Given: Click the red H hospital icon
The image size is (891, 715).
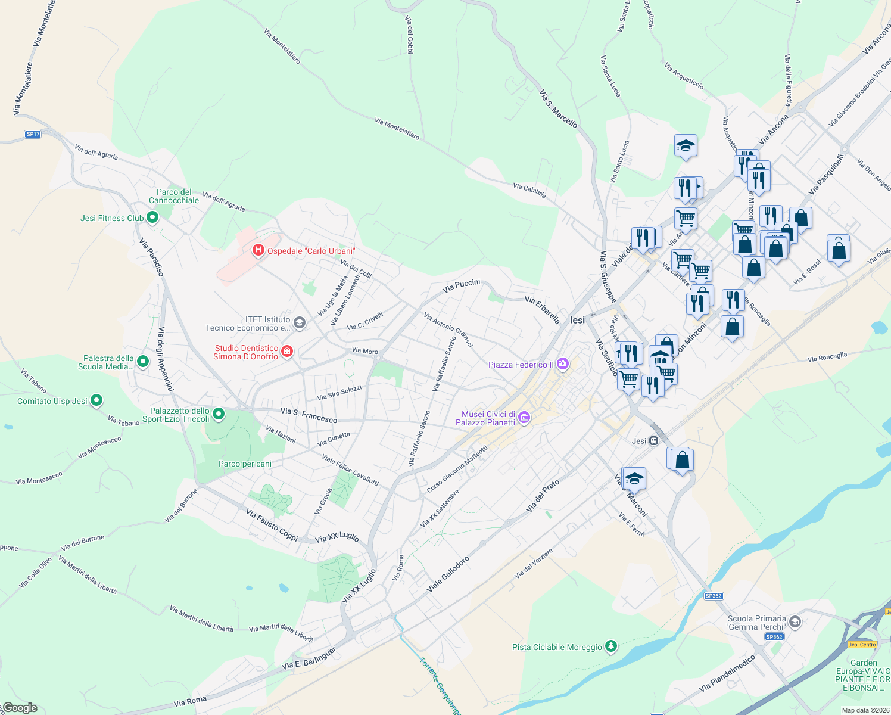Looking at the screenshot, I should pyautogui.click(x=258, y=250).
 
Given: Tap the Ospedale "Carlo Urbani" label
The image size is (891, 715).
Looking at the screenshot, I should pyautogui.click(x=311, y=251).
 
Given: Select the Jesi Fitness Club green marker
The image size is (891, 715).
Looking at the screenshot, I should pyautogui.click(x=152, y=218).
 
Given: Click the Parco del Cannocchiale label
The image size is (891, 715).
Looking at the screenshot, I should pyautogui.click(x=174, y=196).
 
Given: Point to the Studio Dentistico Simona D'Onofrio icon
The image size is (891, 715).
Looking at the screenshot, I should pyautogui.click(x=287, y=352).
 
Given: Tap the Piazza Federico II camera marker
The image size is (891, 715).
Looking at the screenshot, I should pyautogui.click(x=563, y=364).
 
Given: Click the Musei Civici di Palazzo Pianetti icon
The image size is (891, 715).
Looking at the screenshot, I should pyautogui.click(x=524, y=418).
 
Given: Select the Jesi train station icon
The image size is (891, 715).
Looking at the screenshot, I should pyautogui.click(x=654, y=441).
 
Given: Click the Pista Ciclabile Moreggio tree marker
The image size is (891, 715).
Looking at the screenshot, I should pyautogui.click(x=610, y=646).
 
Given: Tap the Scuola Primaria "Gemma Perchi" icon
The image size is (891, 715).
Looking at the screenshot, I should pyautogui.click(x=795, y=623).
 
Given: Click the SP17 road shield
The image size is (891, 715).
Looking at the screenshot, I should pyautogui.click(x=33, y=134).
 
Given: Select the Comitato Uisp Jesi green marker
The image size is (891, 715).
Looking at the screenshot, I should pyautogui.click(x=96, y=401).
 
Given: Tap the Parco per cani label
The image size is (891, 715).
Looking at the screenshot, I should pyautogui.click(x=245, y=464).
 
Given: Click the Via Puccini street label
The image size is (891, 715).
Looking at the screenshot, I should pyautogui.click(x=461, y=286).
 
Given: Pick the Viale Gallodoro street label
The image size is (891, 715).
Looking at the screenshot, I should pyautogui.click(x=448, y=574).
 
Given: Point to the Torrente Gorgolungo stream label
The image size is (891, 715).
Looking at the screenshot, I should pyautogui.click(x=440, y=685).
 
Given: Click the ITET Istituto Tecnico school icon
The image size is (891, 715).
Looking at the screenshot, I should pyautogui.click(x=300, y=323).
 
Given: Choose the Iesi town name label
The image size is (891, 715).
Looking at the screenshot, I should pyautogui.click(x=577, y=320).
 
